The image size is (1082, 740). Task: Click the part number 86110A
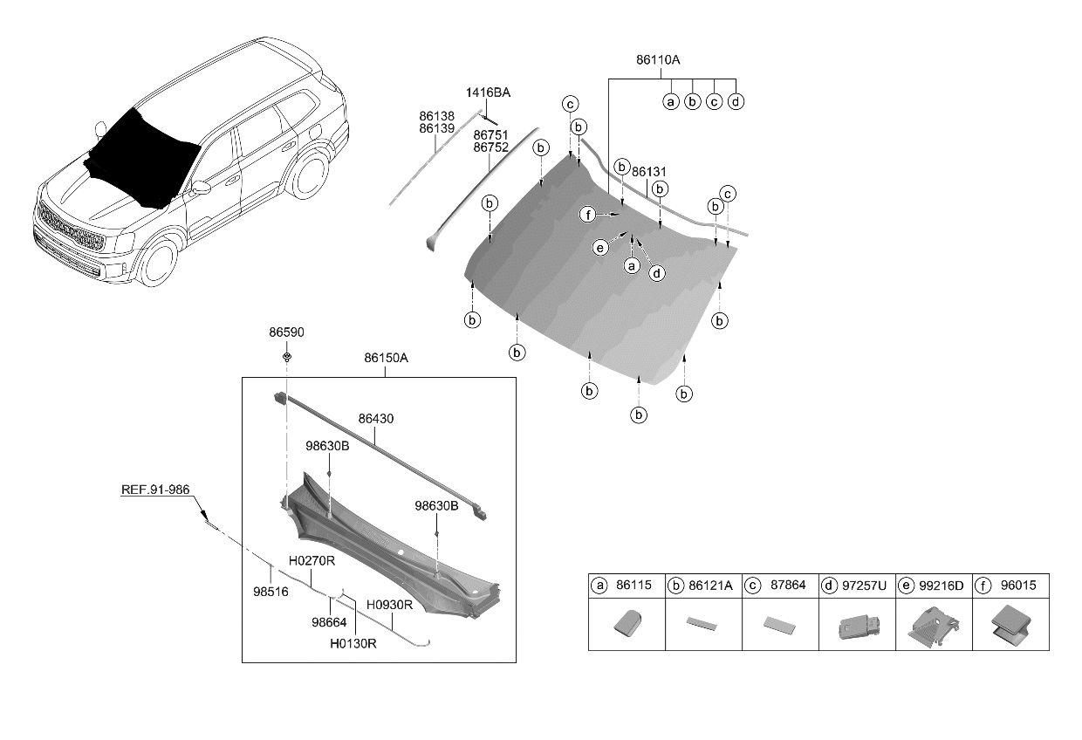(x=658, y=60)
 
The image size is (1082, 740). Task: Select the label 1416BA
(x=488, y=92)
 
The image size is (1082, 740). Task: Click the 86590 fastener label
(x=286, y=333)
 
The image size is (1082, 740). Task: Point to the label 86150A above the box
(x=385, y=358)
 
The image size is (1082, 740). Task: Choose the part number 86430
(x=376, y=419)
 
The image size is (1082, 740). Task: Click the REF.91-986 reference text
(x=156, y=490)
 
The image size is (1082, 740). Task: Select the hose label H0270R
(x=312, y=560)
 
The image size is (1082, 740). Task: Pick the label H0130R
(x=353, y=644)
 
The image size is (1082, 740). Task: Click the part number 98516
(x=270, y=592)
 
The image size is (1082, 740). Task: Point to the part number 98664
(x=330, y=622)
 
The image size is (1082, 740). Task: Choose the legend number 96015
(x=1018, y=586)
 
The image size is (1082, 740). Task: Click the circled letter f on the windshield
(x=588, y=215)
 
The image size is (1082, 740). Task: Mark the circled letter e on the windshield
(x=599, y=248)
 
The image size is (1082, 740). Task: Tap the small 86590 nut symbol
(x=286, y=357)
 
